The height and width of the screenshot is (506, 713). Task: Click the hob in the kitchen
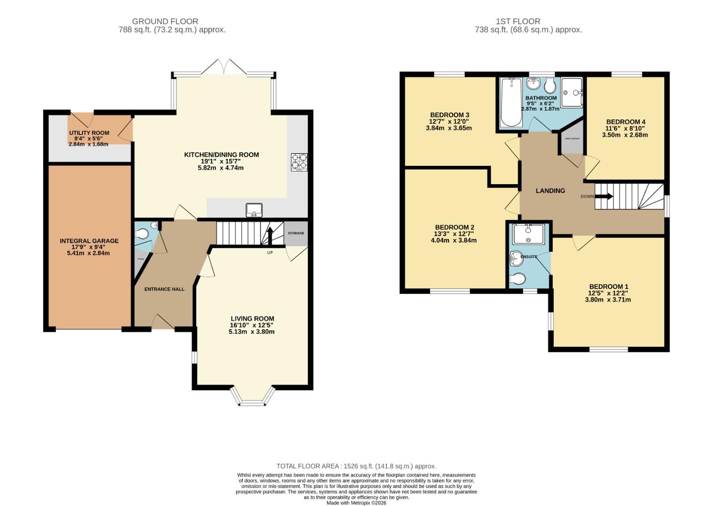click(299, 162)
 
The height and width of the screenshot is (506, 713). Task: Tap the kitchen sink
click(254, 210)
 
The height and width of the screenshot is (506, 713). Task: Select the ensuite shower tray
click(528, 234)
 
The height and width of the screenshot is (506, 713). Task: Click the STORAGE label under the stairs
click(296, 233)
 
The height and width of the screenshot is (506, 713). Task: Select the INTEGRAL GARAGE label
click(89, 241)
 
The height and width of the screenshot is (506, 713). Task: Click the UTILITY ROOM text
click(89, 133)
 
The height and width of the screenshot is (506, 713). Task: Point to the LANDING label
click(550, 191)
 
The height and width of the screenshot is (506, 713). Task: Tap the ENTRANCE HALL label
click(164, 289)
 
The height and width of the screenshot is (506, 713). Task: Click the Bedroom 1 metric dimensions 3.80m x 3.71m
click(608, 300)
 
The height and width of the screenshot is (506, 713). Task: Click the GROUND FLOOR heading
click(165, 21)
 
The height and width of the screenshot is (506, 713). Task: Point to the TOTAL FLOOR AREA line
click(356, 466)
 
